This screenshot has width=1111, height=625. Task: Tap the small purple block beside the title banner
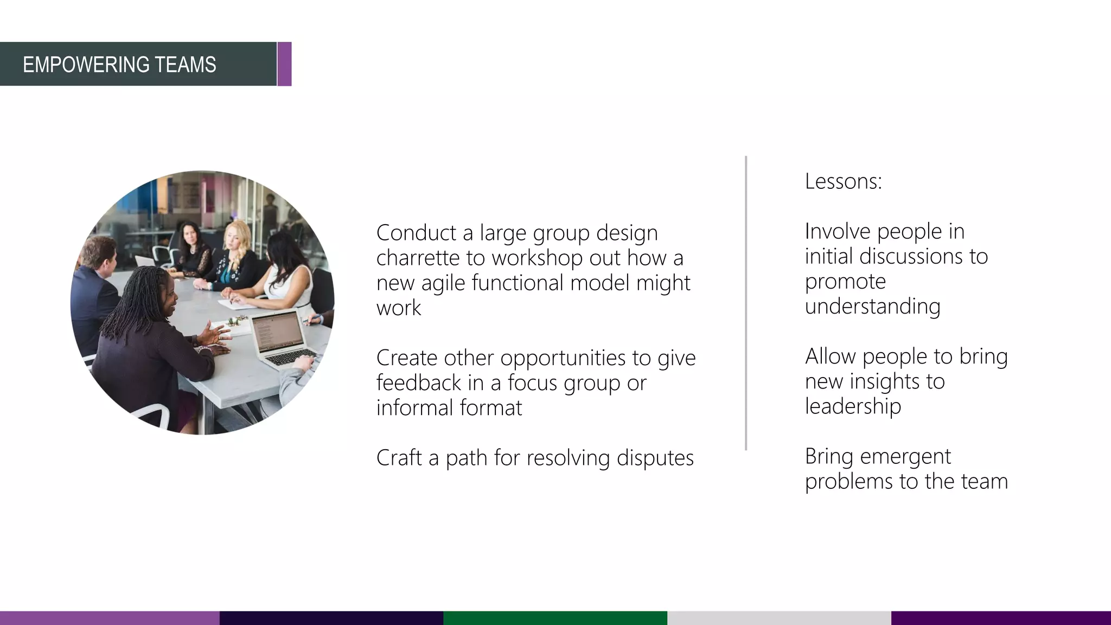(x=284, y=64)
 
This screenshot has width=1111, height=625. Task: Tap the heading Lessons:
(x=843, y=181)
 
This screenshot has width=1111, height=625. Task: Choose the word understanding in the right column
(x=872, y=307)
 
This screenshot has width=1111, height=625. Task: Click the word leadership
(x=853, y=406)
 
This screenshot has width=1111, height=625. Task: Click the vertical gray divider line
(x=746, y=304)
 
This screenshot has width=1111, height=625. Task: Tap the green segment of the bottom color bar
(x=555, y=618)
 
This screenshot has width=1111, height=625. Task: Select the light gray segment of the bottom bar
(x=778, y=618)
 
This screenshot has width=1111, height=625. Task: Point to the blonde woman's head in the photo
(x=238, y=235)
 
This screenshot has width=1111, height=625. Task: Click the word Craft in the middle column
(x=399, y=458)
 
